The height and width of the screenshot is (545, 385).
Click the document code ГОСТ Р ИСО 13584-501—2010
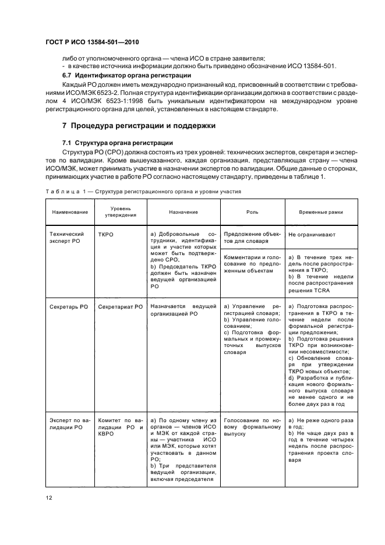click(92, 43)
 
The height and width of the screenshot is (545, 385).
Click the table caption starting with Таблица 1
click(143, 191)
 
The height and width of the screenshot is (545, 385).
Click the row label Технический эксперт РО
click(66, 236)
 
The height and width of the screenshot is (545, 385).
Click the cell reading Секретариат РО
click(120, 306)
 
